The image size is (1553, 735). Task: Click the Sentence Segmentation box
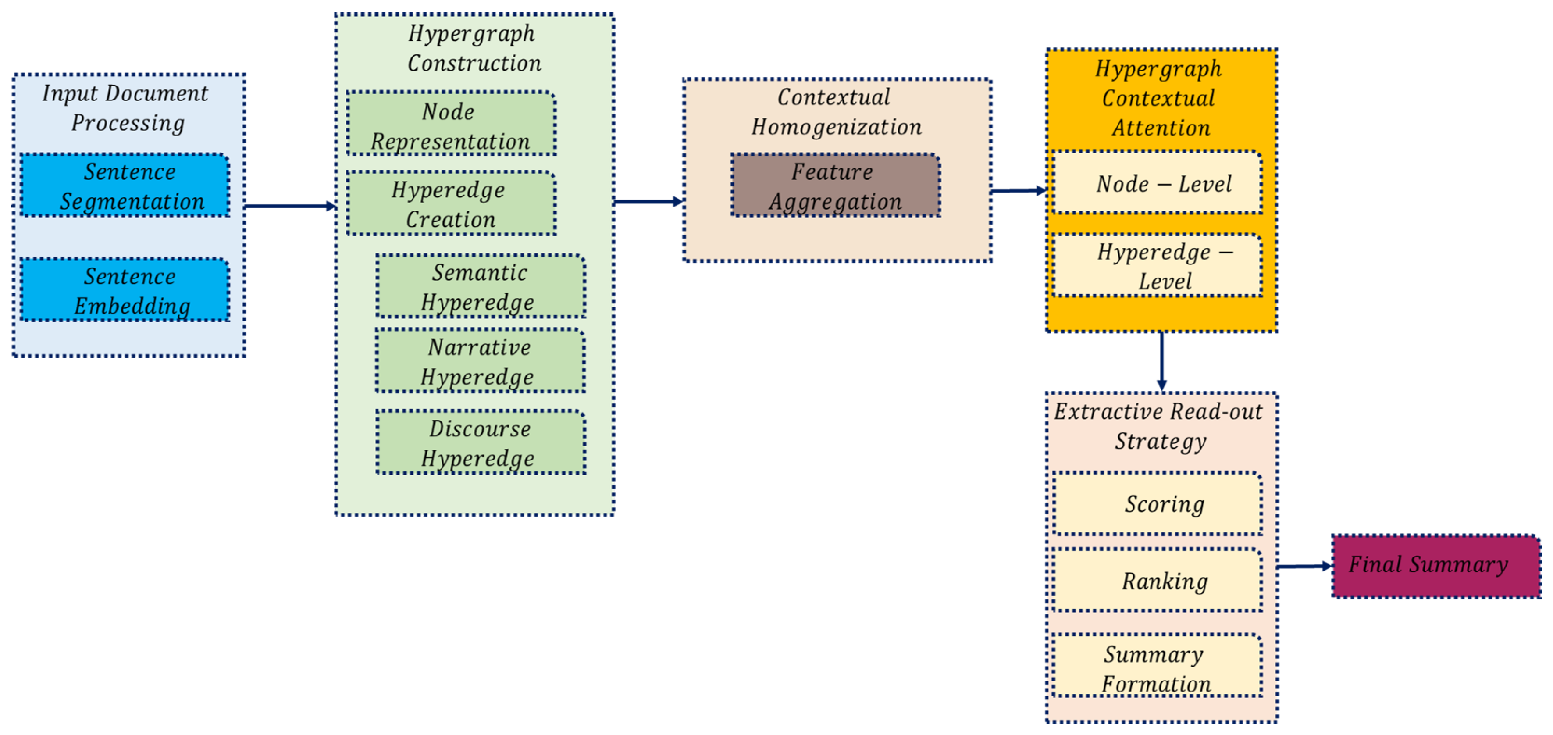click(125, 185)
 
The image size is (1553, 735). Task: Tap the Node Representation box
click(451, 124)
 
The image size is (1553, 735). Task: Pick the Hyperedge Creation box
click(451, 204)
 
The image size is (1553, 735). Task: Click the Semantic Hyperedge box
click(481, 286)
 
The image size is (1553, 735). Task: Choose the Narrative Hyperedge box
click(481, 361)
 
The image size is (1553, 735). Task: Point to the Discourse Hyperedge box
click(481, 442)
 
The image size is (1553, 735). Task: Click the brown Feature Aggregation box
click(836, 186)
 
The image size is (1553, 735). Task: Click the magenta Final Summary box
click(1436, 566)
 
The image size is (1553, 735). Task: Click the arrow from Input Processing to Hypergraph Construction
click(289, 206)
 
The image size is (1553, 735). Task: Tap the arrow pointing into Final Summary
click(1304, 566)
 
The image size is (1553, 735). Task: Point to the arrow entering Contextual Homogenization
click(648, 201)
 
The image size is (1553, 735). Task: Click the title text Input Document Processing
click(126, 108)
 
